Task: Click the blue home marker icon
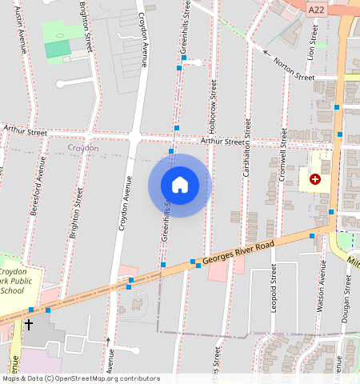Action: point(180,185)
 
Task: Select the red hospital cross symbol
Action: point(315,180)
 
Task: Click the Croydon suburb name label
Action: point(83,148)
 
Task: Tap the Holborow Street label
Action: point(214,101)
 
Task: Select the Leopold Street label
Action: point(273,290)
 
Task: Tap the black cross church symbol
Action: point(30,325)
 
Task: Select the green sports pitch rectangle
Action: point(58,49)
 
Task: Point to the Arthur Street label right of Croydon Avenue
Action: point(222,142)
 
